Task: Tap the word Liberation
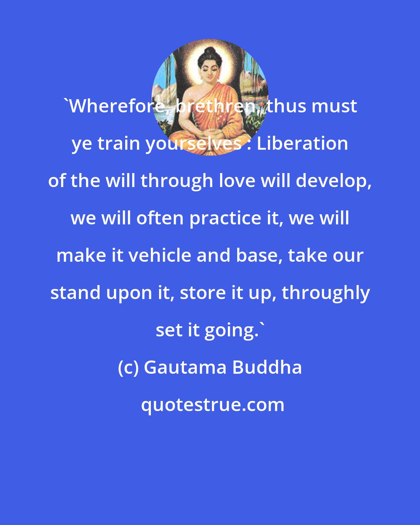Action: pos(302,143)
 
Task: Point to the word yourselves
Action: pos(193,143)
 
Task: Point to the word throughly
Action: pos(325,293)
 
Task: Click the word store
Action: pos(203,293)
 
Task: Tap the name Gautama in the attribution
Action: pos(185,367)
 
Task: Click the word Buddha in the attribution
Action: pos(267,367)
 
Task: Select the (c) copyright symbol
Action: pos(128,367)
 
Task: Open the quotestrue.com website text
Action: pos(212,405)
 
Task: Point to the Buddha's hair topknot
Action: pos(209,51)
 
